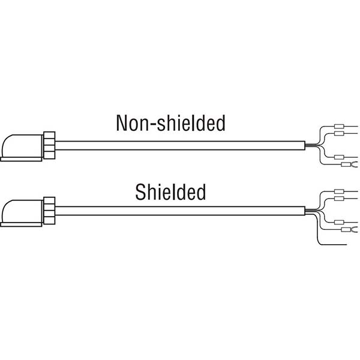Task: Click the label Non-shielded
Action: coord(171,124)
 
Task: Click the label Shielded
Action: coord(170,191)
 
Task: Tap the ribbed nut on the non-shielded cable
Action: coord(49,144)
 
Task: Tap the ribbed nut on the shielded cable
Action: coord(49,211)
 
